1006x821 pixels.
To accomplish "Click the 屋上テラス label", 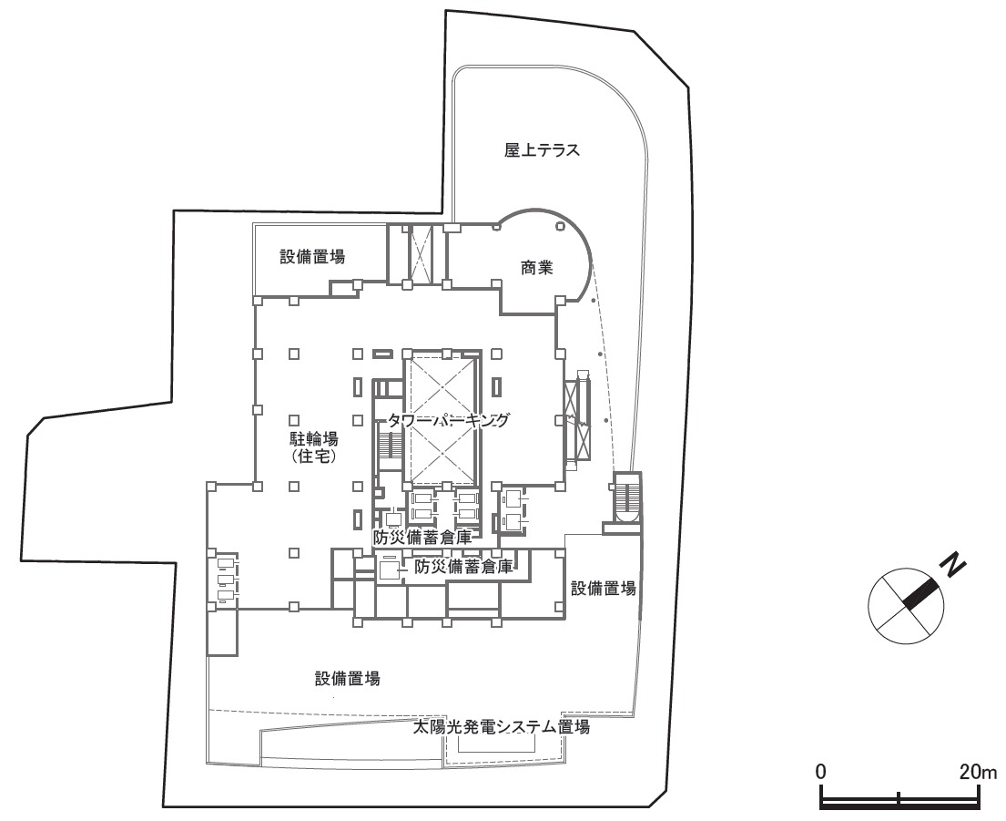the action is pos(542,150).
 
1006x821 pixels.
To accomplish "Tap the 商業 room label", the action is pos(536,268).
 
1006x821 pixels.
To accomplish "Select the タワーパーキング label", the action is pos(447,420).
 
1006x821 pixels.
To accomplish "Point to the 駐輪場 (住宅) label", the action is pos(312,447).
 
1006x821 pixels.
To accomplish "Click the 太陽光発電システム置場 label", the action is pos(501,727).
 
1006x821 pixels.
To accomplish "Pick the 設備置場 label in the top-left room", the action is pos(312,257).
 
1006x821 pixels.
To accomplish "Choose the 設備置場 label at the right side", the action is pos(603,588).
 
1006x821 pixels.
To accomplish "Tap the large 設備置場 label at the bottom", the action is pos(347,679).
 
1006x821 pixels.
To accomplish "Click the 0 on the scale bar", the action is pos(820,772).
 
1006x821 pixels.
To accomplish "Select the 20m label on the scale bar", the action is pos(979,772).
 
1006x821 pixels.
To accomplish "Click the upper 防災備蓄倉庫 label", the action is pos(422,538).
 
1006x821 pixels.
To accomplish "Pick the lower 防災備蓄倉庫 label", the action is pos(463,567).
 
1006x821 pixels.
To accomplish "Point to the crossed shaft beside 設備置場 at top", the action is pos(422,254).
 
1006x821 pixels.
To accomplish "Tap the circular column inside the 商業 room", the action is pos(560,225).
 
